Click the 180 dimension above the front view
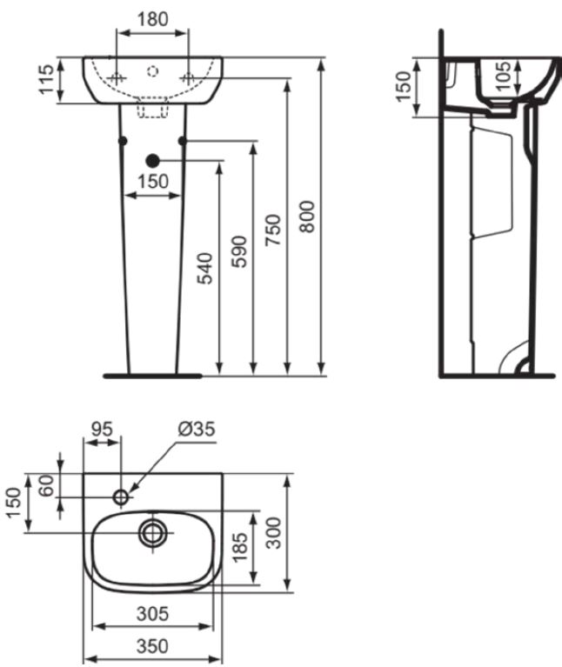[153, 19]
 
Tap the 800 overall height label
[307, 217]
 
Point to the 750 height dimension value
[272, 230]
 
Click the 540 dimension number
[205, 269]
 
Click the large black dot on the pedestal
[152, 160]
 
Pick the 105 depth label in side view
[504, 77]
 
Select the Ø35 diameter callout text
[197, 430]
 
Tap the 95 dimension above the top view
[103, 430]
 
